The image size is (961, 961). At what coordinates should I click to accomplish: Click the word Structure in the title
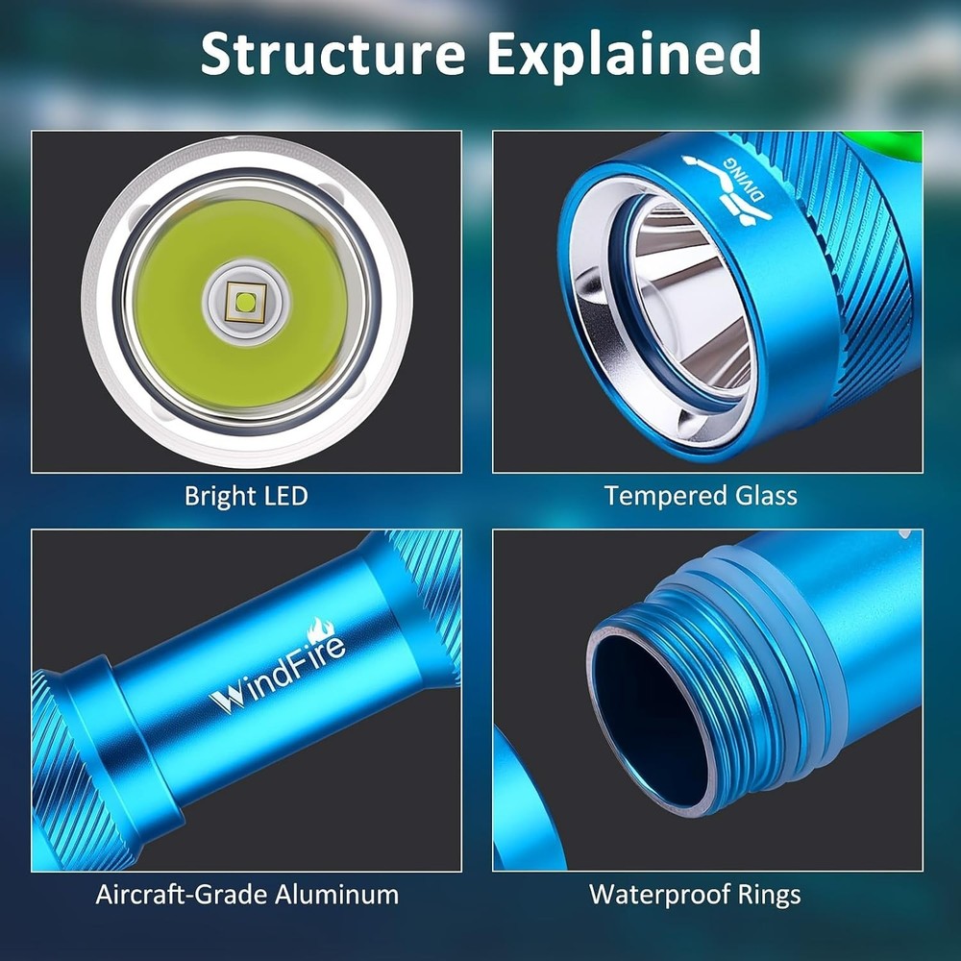[x=333, y=53]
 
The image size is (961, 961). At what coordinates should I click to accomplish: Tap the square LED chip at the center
[x=246, y=302]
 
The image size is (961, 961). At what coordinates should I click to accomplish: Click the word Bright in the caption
[x=212, y=496]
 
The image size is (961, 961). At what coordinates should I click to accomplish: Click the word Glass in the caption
[x=766, y=495]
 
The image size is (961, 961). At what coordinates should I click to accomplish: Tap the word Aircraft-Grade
[x=182, y=895]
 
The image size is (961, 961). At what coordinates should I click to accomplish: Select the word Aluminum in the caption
[x=336, y=895]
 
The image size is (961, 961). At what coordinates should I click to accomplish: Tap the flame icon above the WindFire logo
[x=321, y=629]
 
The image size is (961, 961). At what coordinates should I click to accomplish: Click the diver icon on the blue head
[x=728, y=189]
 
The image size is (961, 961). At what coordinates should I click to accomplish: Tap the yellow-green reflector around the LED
[x=243, y=304]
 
